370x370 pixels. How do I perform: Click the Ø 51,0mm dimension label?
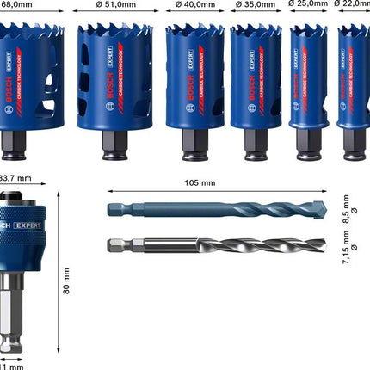[114, 4]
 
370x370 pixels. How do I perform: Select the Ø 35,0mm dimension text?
[256, 4]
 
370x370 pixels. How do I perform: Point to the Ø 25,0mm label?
[309, 4]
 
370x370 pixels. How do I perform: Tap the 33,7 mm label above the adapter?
[15, 178]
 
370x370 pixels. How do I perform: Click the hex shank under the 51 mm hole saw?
[114, 144]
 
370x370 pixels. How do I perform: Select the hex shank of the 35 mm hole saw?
[256, 144]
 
